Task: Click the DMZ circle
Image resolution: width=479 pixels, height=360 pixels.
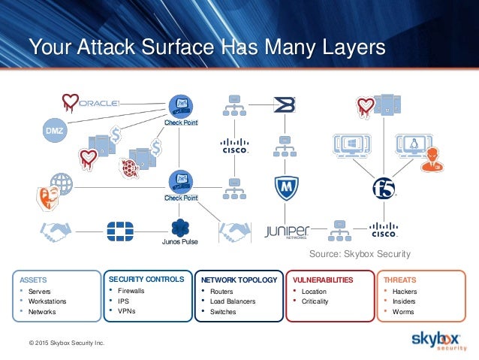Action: [54, 130]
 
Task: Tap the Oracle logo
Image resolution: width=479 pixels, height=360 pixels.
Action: [98, 104]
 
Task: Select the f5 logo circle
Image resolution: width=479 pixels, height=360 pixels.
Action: [384, 188]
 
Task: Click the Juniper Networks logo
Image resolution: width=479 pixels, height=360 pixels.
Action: [287, 231]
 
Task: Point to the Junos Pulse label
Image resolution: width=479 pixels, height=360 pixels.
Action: [180, 242]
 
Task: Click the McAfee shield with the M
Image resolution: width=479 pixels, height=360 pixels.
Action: [286, 188]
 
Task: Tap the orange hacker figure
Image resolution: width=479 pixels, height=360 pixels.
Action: [432, 159]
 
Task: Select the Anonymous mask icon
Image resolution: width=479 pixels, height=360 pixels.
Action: [48, 198]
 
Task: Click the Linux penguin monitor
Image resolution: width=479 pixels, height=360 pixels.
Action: [413, 145]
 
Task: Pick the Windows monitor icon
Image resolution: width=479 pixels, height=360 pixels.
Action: [351, 146]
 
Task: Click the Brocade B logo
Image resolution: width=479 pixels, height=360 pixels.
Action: [285, 104]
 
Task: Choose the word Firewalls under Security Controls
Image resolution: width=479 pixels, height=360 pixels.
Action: [131, 291]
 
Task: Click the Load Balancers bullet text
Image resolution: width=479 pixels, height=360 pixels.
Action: [233, 301]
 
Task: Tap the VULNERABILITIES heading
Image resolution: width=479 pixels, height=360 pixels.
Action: [323, 280]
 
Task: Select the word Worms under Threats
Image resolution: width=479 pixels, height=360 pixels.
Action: [403, 312]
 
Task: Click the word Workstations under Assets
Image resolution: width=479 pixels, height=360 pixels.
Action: [47, 301]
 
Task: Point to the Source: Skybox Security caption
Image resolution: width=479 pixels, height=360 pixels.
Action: [360, 254]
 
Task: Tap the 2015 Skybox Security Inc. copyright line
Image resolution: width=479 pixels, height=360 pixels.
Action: [67, 343]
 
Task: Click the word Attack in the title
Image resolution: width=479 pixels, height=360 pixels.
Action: [106, 47]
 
